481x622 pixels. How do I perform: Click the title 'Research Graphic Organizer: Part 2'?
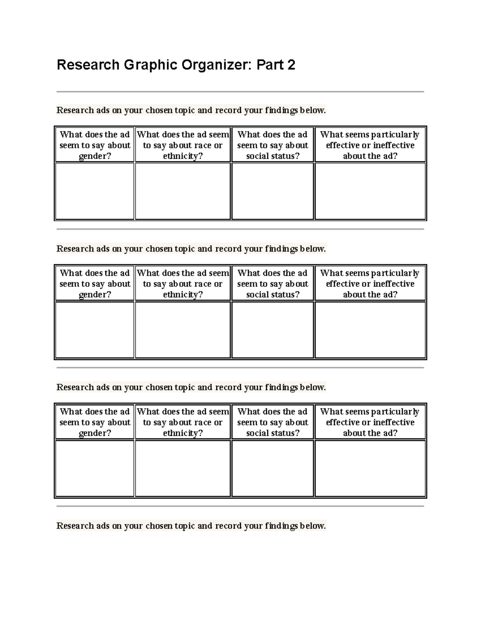pos(176,65)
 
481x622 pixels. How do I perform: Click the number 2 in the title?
pos(291,65)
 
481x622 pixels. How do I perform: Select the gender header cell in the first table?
pos(95,145)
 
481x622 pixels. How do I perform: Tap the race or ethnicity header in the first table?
pos(183,145)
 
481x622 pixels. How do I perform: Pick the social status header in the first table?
pos(273,145)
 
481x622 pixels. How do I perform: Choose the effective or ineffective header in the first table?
pos(370,145)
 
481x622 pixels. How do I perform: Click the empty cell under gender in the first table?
pos(95,191)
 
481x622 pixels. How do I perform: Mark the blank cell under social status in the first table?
pos(273,191)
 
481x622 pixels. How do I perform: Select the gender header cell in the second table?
pos(95,284)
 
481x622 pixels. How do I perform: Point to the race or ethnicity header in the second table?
pos(183,284)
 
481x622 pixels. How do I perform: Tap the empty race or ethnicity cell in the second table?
pos(183,330)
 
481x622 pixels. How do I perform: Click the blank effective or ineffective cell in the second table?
pos(370,330)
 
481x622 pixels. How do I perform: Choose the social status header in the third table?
pos(273,422)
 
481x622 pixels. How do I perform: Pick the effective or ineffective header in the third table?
pos(370,422)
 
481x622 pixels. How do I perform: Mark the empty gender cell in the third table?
pos(95,468)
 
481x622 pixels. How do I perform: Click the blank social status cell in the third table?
pos(273,468)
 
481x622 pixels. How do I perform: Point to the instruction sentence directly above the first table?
pos(191,110)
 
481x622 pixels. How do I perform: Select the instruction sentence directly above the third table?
pos(191,387)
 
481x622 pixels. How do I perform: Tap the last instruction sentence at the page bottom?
pos(191,526)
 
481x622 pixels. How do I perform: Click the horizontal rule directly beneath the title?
pos(240,92)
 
